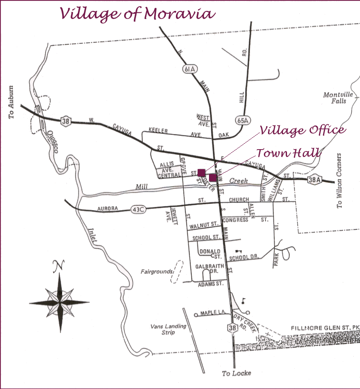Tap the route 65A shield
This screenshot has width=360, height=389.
243,120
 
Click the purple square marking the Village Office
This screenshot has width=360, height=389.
201,172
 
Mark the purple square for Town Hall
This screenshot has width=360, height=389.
213,177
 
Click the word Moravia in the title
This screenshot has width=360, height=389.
178,14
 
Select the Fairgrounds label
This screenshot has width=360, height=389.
156,272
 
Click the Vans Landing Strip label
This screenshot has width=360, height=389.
163,329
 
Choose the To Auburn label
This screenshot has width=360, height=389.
12,102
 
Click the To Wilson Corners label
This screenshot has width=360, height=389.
340,181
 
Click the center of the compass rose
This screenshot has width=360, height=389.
59,302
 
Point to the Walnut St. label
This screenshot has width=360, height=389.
204,224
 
